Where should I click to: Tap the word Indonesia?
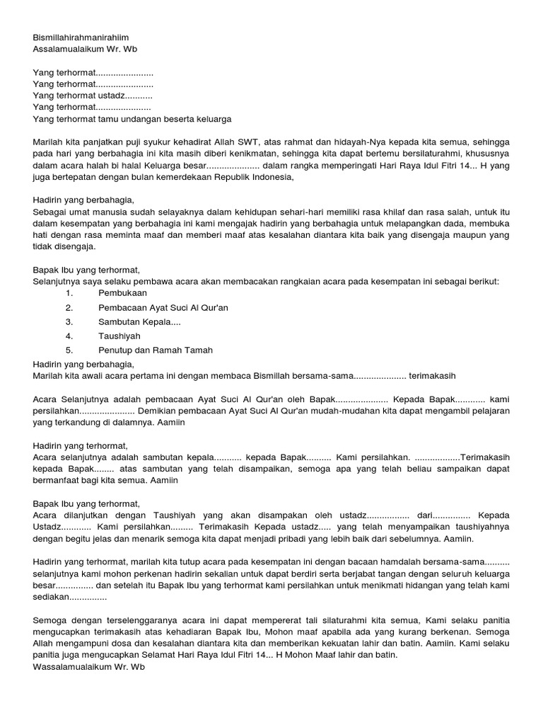pos(265,178)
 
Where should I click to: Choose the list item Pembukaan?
pos(123,293)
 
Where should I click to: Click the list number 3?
pos(69,322)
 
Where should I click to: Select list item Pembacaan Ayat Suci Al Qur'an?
pos(163,308)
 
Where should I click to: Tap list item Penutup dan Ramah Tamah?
pos(156,350)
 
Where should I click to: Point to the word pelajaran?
pos(488,411)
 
